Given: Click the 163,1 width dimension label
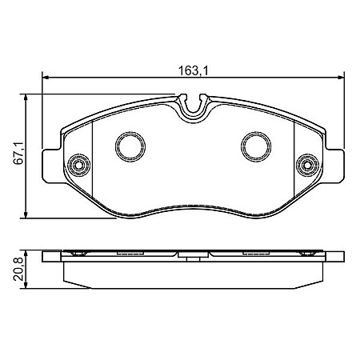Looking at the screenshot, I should click(193, 70).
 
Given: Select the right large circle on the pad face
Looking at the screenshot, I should click(256, 145).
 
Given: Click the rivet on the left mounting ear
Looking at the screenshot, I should click(79, 166).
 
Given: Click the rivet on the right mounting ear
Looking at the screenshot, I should click(306, 166).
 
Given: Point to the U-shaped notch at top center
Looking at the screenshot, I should click(193, 105).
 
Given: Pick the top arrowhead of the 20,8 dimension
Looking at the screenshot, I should click(30, 254).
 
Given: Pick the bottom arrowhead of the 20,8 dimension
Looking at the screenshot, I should click(30, 288).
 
